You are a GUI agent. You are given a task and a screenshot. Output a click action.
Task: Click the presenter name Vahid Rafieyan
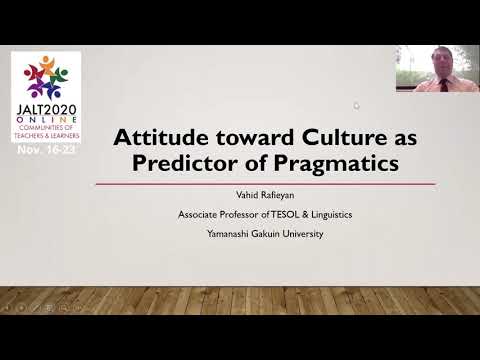pyautogui.click(x=265, y=198)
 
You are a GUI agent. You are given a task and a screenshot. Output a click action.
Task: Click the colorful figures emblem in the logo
pyautogui.click(x=46, y=76)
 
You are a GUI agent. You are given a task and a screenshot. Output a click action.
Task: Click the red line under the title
pyautogui.click(x=265, y=184)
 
